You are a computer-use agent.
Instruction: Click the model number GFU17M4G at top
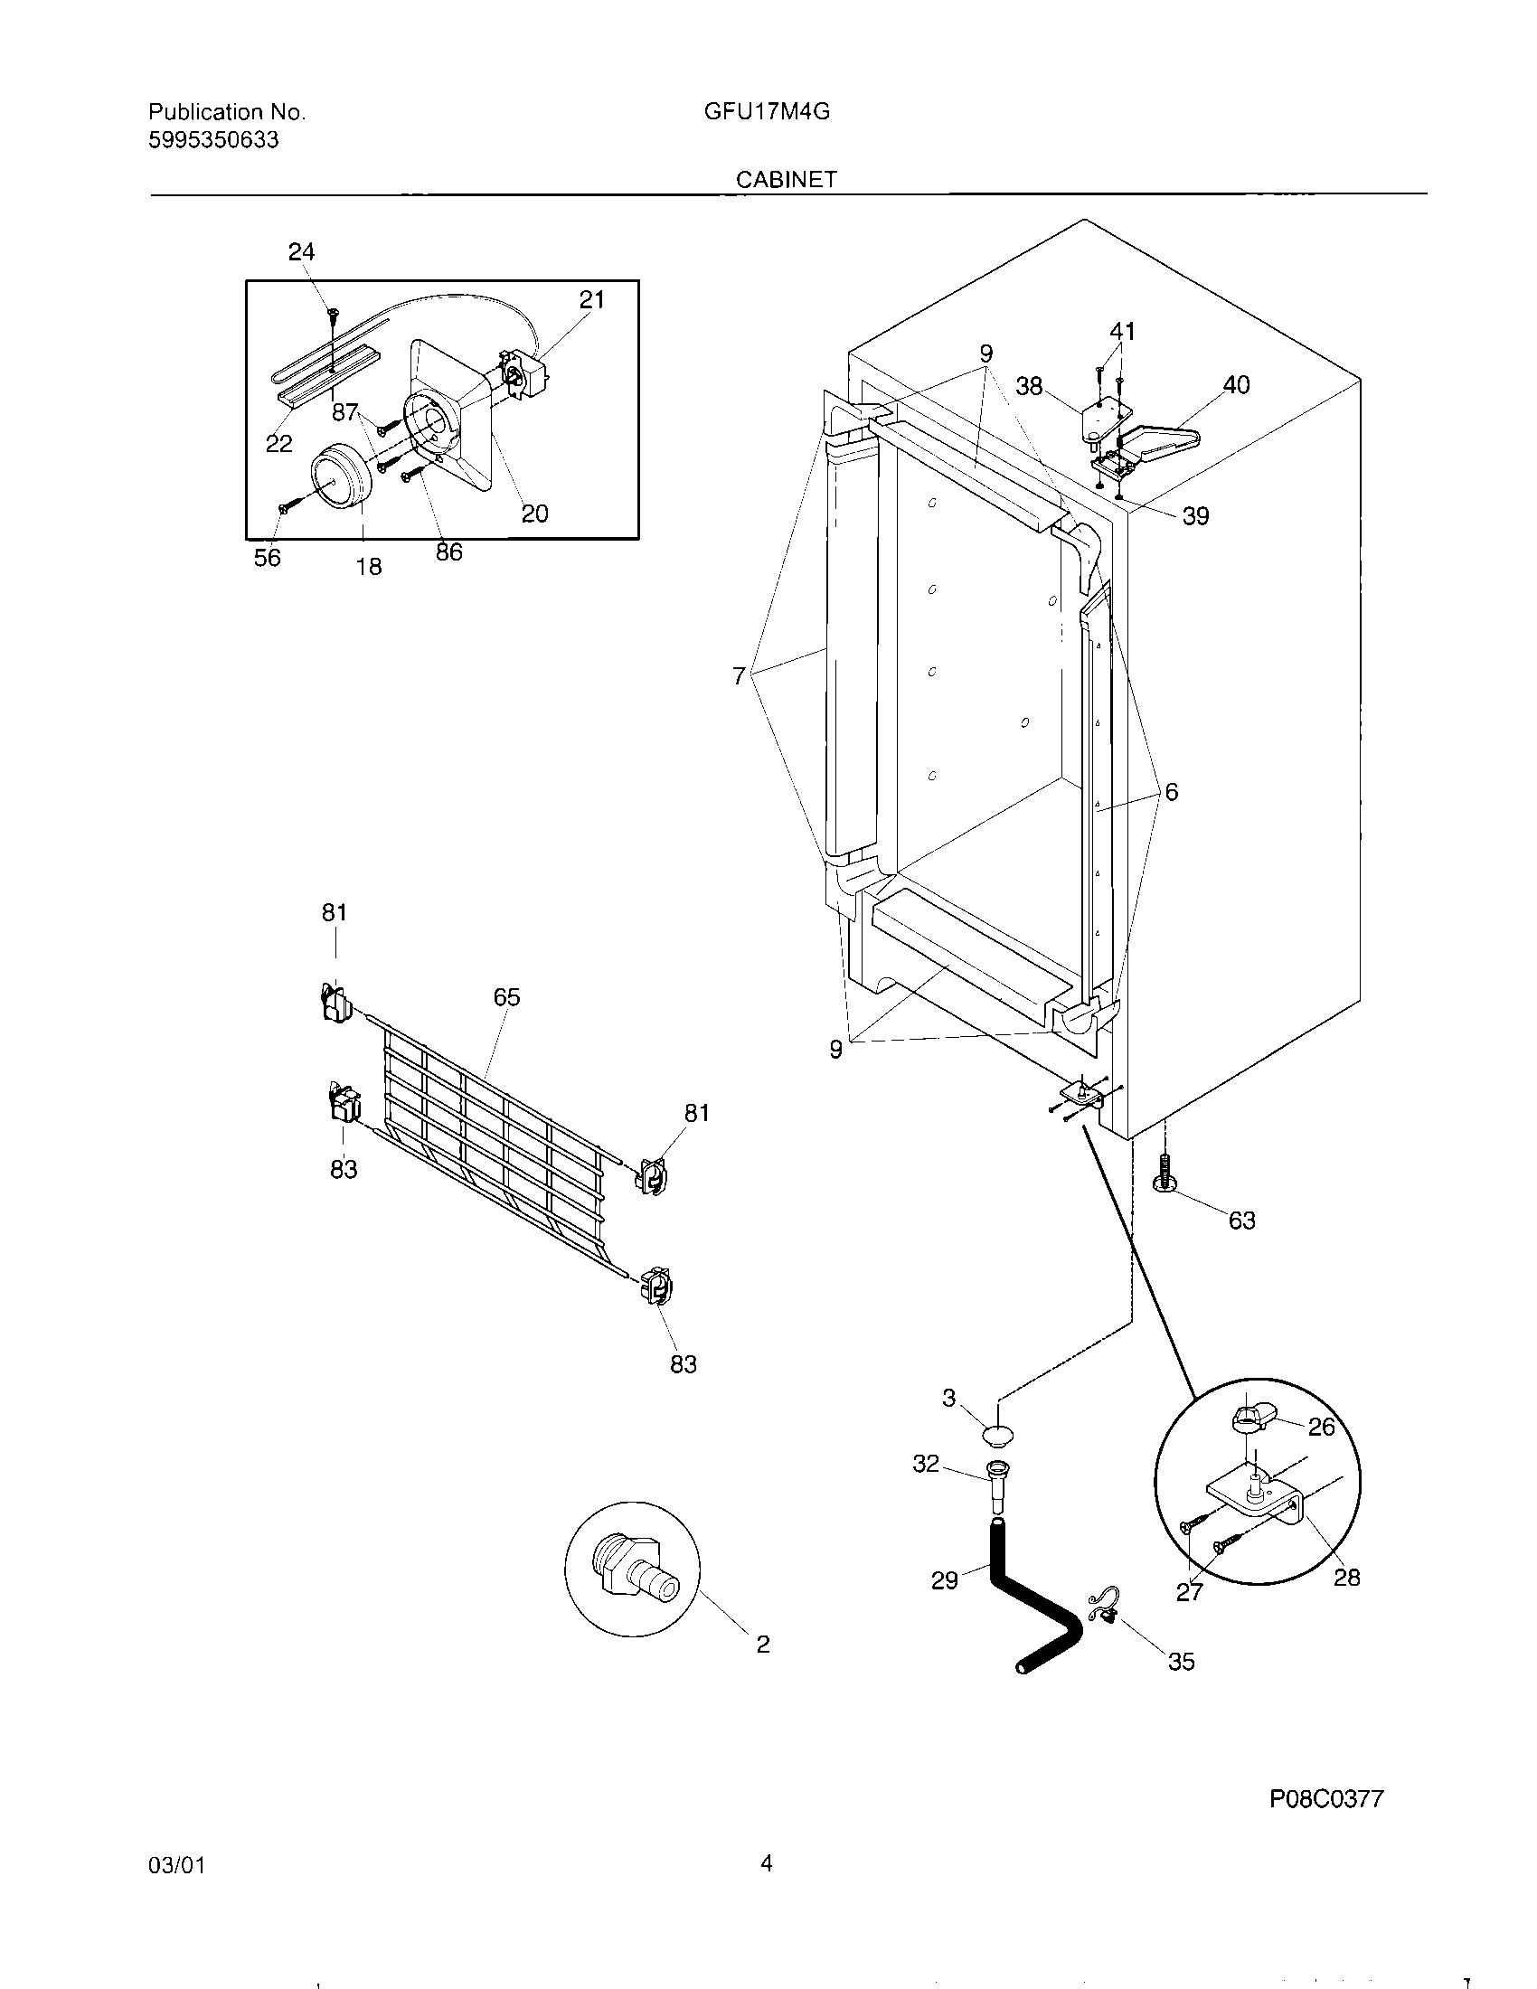tap(766, 112)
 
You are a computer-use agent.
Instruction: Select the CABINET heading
tap(786, 179)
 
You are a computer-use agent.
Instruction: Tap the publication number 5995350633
tap(213, 140)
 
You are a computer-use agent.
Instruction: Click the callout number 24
tap(301, 252)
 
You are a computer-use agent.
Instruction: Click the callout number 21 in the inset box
tap(592, 299)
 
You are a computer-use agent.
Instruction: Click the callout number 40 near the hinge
tap(1236, 385)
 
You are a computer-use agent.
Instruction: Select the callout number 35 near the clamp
tap(1181, 1662)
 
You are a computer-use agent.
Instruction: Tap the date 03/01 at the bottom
tap(175, 1890)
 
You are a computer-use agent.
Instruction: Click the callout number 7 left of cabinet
tap(739, 675)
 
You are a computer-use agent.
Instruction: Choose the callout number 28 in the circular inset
tap(1347, 1578)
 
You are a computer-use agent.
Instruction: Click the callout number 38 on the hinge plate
tap(1029, 386)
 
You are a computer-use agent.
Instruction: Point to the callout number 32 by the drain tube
tap(925, 1464)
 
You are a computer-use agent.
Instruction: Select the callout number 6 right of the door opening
tap(1171, 792)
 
